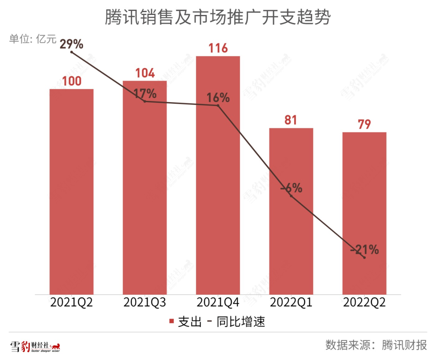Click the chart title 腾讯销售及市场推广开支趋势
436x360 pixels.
tap(218, 18)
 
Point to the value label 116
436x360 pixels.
tap(218, 48)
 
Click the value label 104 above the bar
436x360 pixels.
tap(145, 73)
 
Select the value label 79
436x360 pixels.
tap(364, 124)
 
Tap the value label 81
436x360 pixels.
tap(291, 120)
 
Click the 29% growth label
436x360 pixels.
tap(71, 44)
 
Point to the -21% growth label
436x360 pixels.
tap(364, 250)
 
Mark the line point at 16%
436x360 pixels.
tap(218, 106)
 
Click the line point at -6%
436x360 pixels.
tap(291, 196)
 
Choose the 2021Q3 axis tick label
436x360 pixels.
tap(145, 303)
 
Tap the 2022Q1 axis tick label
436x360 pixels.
tap(291, 303)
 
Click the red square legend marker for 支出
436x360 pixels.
tap(172, 322)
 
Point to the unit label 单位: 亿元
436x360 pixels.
tap(33, 39)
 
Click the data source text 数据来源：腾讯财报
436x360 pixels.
tap(376, 345)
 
